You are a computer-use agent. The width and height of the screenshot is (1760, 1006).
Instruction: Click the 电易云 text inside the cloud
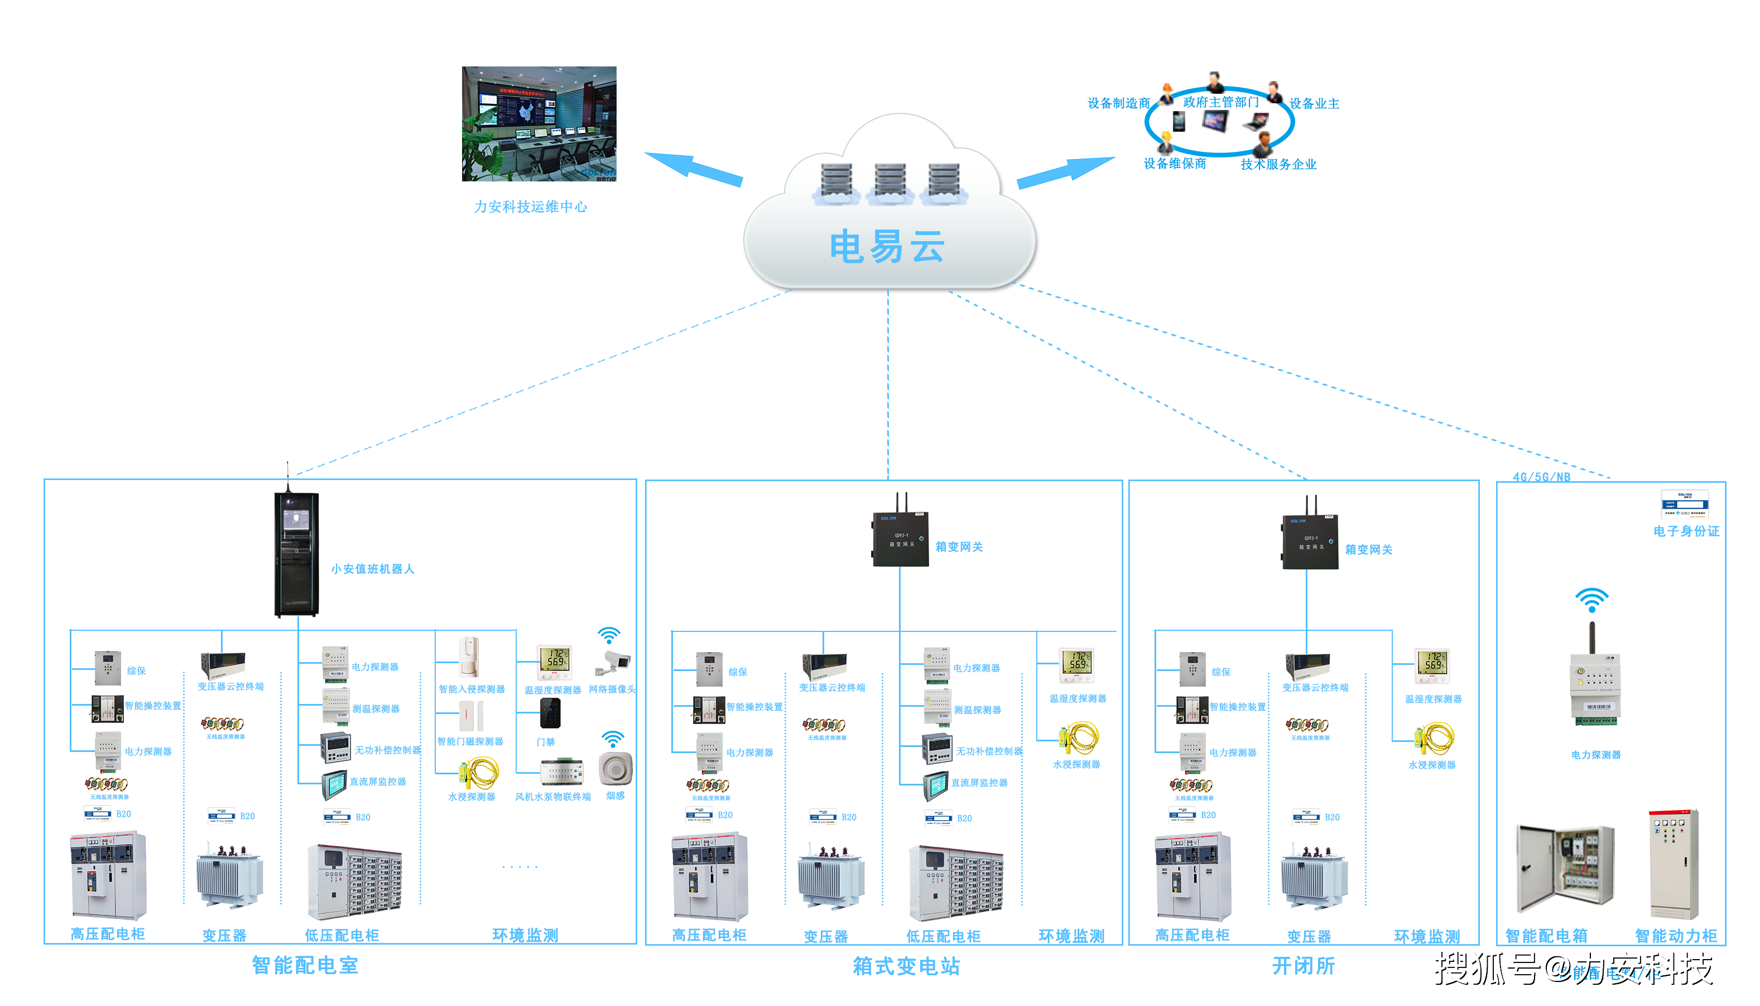click(x=887, y=247)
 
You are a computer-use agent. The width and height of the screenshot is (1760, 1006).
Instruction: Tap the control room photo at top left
click(x=538, y=124)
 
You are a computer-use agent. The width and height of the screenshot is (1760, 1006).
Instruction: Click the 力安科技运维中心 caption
click(x=530, y=207)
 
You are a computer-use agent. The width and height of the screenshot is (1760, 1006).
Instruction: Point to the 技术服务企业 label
click(x=1277, y=165)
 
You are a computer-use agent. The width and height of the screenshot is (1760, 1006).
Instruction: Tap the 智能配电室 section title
click(x=305, y=965)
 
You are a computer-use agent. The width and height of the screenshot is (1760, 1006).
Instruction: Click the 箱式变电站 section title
click(x=906, y=966)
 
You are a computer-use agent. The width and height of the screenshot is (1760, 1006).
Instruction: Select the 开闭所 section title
click(x=1303, y=965)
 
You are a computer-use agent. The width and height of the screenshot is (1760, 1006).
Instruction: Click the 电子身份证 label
click(x=1685, y=531)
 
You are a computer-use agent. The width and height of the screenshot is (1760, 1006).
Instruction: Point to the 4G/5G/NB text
click(x=1541, y=477)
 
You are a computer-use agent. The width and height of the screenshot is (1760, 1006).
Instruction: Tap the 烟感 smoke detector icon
click(x=614, y=768)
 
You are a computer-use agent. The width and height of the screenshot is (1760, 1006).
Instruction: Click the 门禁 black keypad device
click(x=550, y=713)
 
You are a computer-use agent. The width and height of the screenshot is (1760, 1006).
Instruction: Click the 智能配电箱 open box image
click(x=1565, y=869)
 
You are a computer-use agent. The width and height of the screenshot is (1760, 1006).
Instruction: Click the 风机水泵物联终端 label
click(x=552, y=797)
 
